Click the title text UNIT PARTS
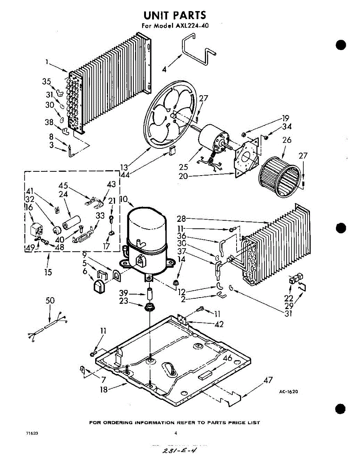click(x=175, y=15)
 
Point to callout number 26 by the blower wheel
click(x=286, y=140)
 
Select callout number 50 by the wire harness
click(x=50, y=301)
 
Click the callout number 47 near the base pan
click(x=268, y=380)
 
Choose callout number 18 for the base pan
click(x=104, y=389)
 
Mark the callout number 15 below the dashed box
click(x=48, y=272)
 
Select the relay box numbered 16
click(x=37, y=230)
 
